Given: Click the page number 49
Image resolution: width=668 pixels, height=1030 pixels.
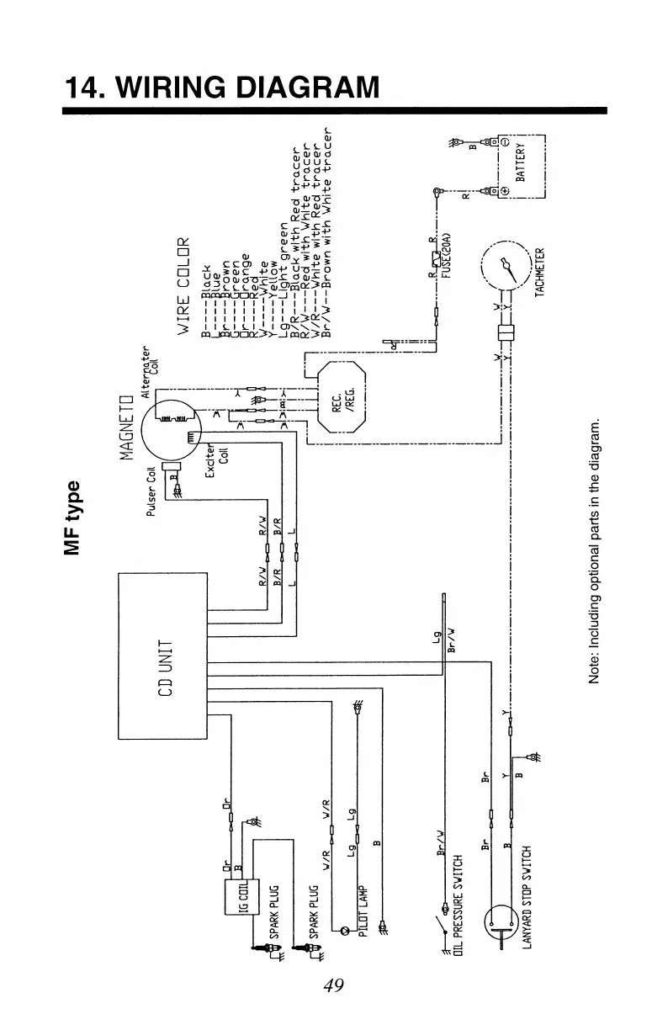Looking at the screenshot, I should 334,985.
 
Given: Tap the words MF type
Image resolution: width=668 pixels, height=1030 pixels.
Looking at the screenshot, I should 75,518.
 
